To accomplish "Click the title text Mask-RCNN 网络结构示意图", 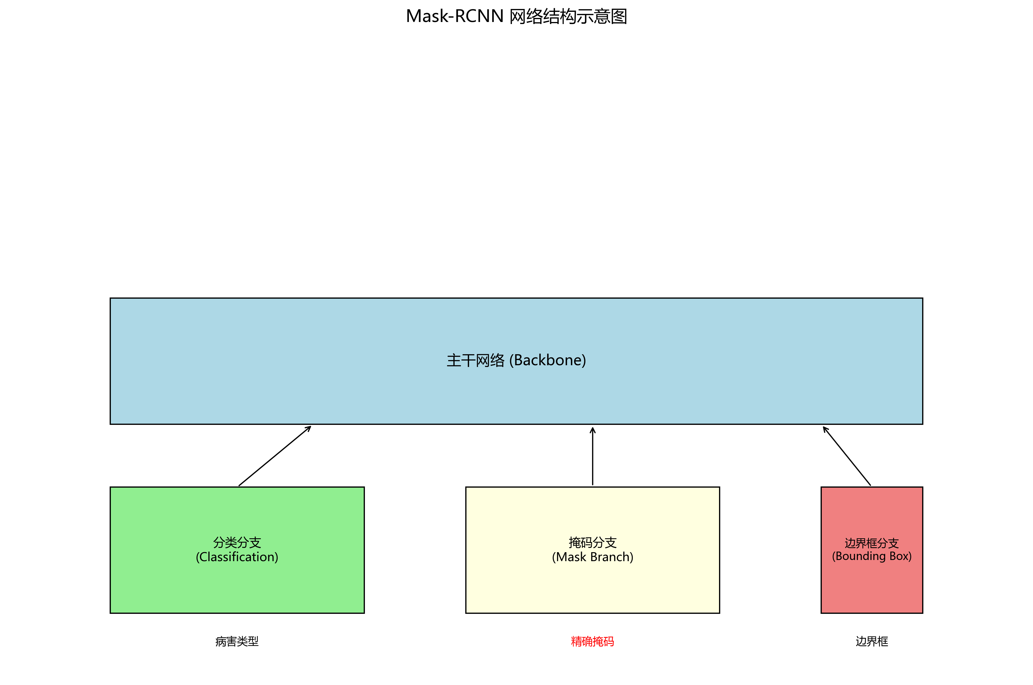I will tap(516, 16).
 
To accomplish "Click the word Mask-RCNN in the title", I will tap(455, 16).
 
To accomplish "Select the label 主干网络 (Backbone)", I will tap(516, 360).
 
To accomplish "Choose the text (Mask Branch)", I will tap(592, 557).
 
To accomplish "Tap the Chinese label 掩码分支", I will tap(592, 543).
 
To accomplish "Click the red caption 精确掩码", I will tap(592, 641).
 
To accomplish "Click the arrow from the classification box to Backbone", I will tap(275, 456).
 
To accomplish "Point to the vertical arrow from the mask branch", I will tap(592, 459).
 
